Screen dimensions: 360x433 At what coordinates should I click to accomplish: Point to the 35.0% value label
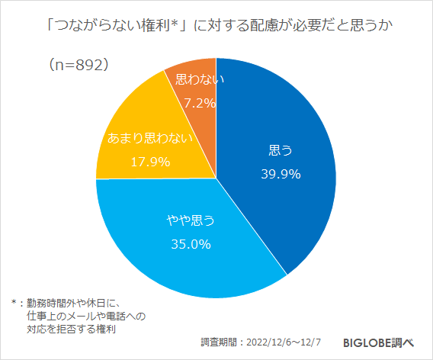coord(189,245)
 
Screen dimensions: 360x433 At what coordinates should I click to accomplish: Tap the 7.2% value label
coord(196,101)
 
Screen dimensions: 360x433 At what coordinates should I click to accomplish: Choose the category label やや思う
coord(191,221)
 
